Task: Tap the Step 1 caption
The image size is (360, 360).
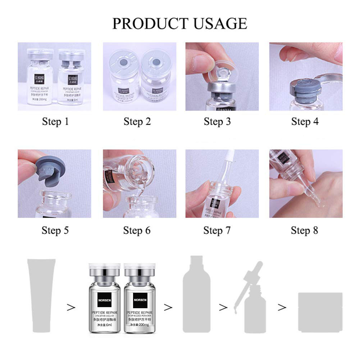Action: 55,122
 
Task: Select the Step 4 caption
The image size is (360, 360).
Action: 305,122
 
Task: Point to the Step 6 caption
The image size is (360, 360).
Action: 137,230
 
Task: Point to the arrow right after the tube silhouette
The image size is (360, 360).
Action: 71,307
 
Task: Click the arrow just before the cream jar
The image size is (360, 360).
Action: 283,307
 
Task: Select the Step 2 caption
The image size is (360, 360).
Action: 137,122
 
